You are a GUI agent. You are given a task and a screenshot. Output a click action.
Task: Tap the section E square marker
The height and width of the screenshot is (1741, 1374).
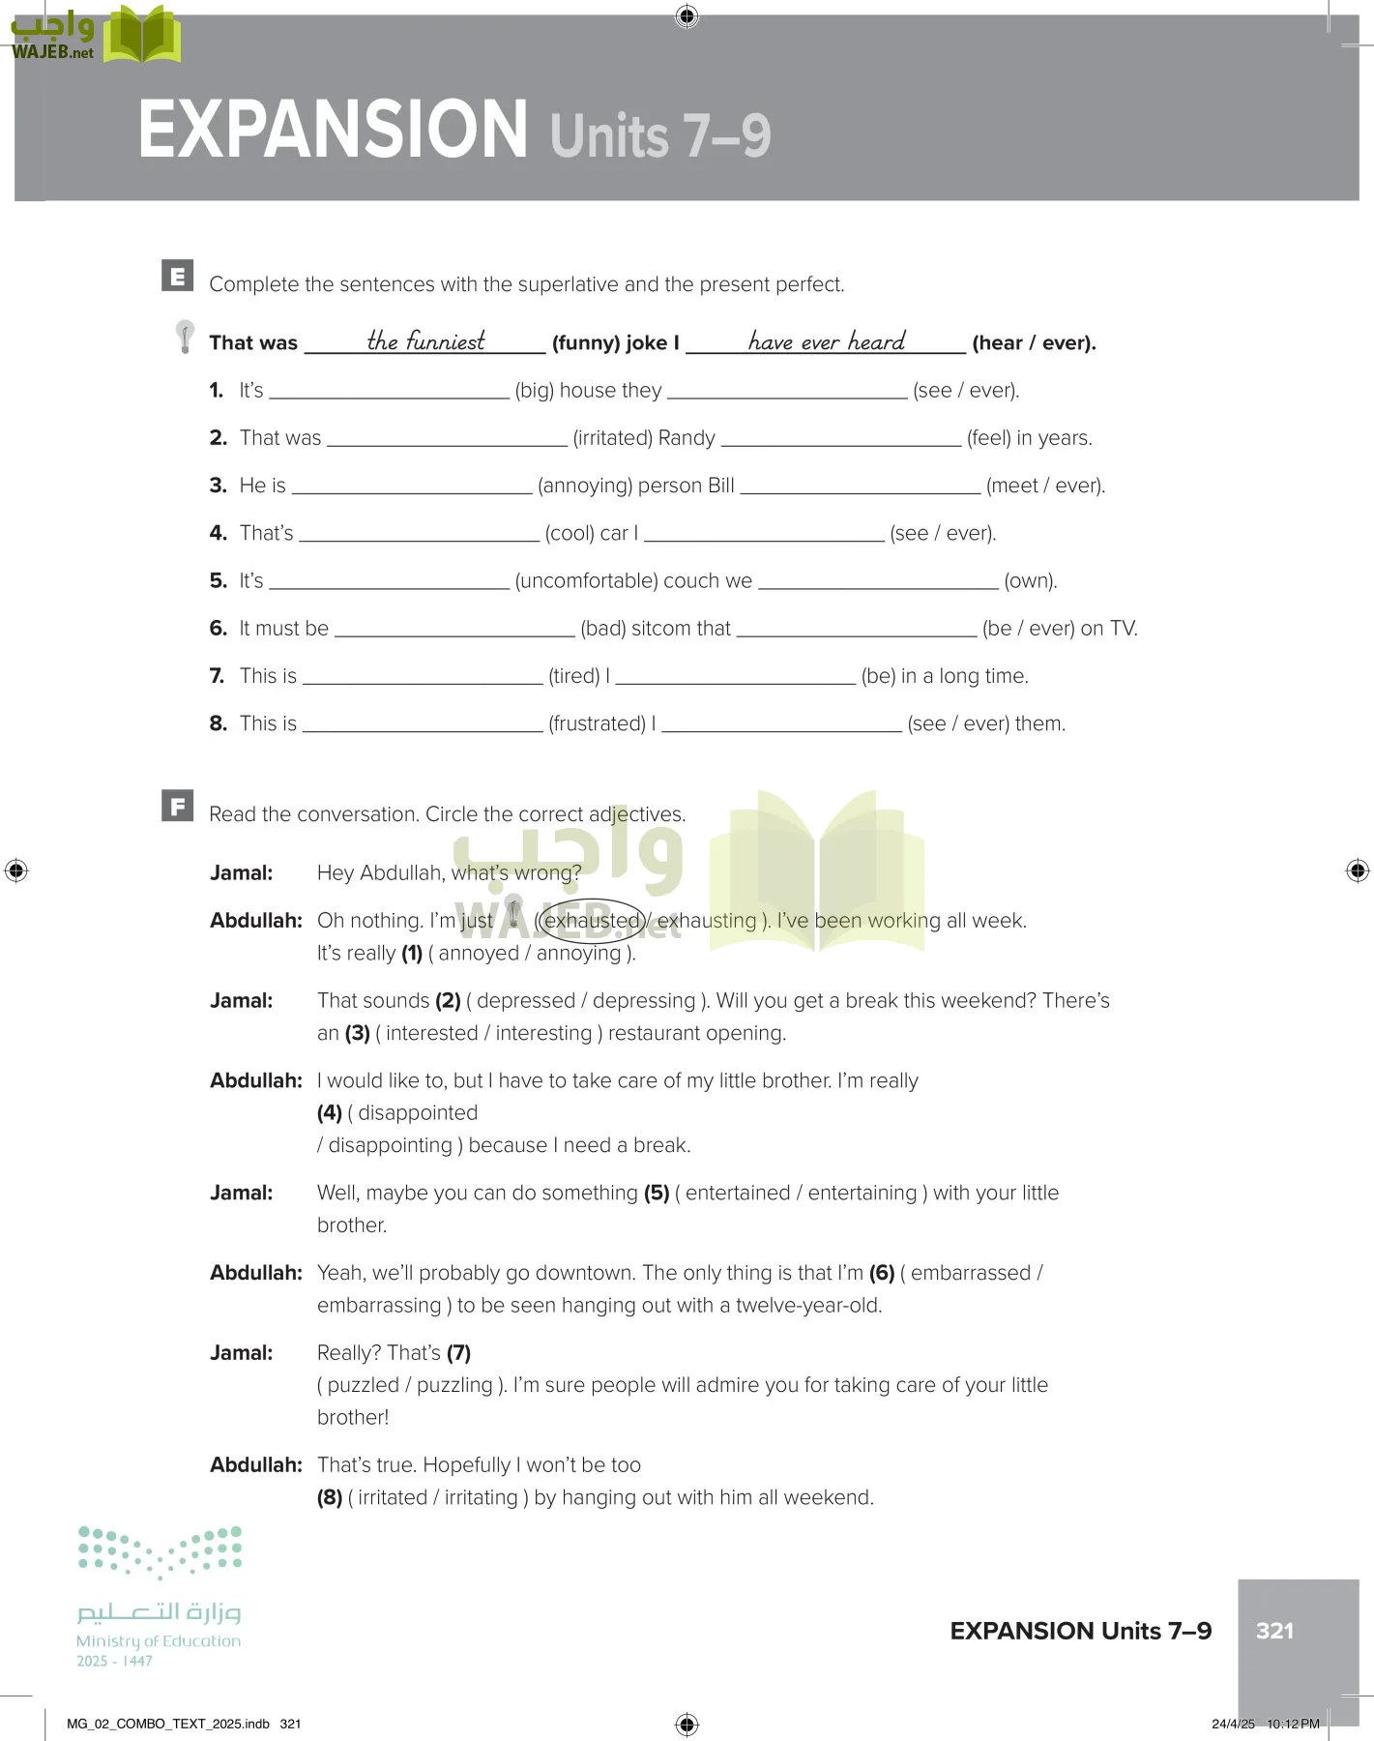click(x=177, y=277)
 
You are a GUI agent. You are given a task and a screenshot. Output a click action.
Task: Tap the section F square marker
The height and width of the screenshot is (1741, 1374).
click(x=177, y=806)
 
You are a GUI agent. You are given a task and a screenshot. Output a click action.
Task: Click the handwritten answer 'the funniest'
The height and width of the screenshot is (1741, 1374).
click(x=425, y=340)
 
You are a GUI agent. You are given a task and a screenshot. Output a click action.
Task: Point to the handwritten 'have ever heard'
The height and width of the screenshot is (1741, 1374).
click(x=827, y=340)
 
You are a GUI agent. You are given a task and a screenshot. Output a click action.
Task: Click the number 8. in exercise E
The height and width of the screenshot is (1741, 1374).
click(x=219, y=723)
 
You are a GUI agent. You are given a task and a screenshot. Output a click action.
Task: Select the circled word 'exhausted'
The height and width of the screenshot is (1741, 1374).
click(x=592, y=921)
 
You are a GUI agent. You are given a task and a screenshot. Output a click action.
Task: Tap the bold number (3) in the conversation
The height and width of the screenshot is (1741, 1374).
click(x=357, y=1033)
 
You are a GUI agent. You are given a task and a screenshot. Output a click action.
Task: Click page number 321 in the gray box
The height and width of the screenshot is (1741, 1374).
click(x=1274, y=1631)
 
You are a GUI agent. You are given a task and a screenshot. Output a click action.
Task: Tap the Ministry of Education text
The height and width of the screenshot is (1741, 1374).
click(x=159, y=1641)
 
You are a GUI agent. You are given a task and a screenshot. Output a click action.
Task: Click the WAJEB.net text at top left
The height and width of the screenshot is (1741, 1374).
click(x=52, y=52)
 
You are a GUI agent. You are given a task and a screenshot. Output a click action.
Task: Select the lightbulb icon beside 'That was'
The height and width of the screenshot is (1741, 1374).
click(x=185, y=337)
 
